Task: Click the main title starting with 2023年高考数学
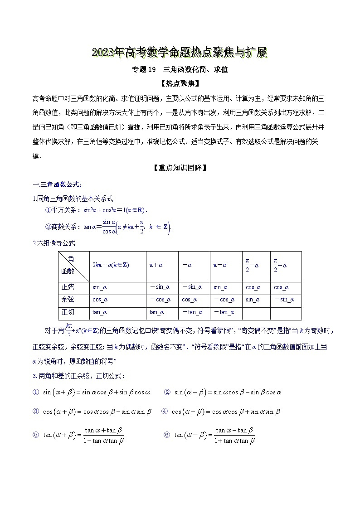click(180, 53)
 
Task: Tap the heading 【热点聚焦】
click(180, 83)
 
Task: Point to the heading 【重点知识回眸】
click(180, 168)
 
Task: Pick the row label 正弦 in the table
click(68, 287)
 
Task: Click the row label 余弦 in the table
click(68, 300)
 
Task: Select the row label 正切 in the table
click(68, 312)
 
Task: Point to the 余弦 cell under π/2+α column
click(284, 300)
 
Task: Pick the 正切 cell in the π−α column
click(224, 312)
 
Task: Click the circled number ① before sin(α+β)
click(36, 392)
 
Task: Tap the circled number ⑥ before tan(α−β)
click(166, 435)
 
